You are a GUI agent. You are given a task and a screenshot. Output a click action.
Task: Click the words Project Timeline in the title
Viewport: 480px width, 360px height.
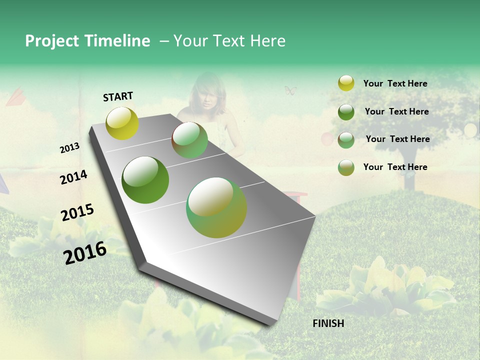[x=87, y=41]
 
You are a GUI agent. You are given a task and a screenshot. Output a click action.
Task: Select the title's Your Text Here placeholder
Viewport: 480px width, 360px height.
[x=229, y=41]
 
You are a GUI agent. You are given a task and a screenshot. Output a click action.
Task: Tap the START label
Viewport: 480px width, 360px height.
[x=118, y=96]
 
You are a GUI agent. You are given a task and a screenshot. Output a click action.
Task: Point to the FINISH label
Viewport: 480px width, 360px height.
[x=328, y=323]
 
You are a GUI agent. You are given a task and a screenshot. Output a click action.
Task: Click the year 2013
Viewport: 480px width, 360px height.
[x=69, y=148]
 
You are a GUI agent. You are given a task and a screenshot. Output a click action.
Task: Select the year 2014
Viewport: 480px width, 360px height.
[x=73, y=177]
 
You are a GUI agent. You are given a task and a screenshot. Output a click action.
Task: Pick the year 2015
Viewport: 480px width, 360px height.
[x=77, y=212]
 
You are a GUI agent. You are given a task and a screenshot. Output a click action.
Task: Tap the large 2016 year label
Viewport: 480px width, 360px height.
[x=85, y=252]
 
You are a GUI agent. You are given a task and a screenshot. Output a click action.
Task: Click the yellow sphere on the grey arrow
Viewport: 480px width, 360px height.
[x=122, y=123]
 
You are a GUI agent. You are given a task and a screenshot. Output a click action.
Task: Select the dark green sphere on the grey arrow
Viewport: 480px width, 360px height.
[x=145, y=180]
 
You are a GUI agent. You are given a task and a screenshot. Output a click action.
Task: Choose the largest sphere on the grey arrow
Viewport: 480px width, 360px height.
[x=216, y=207]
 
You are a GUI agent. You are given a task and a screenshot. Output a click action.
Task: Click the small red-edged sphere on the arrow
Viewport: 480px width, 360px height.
[x=189, y=140]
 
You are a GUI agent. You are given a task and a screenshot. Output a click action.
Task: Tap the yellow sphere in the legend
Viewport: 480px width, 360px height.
[x=346, y=83]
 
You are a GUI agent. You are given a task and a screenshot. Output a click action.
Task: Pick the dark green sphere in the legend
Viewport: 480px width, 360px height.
[x=346, y=111]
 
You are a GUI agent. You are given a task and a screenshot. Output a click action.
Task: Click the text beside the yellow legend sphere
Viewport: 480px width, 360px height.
[x=395, y=83]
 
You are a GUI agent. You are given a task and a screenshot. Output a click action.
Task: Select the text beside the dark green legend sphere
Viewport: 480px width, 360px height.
[x=396, y=111]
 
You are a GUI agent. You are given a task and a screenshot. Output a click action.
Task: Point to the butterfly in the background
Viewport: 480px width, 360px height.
[x=290, y=90]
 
